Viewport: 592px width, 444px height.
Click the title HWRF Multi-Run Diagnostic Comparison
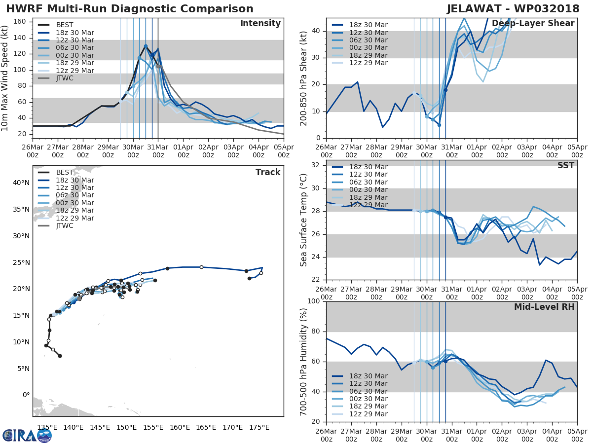(130, 9)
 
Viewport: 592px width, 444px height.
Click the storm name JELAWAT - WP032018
(517, 9)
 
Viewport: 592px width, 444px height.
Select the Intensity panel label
(260, 24)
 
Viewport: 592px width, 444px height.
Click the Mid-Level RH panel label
(544, 307)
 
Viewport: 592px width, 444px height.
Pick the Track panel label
(268, 172)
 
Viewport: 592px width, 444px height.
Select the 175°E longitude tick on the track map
(259, 427)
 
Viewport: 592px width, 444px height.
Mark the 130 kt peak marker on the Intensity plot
(146, 46)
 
